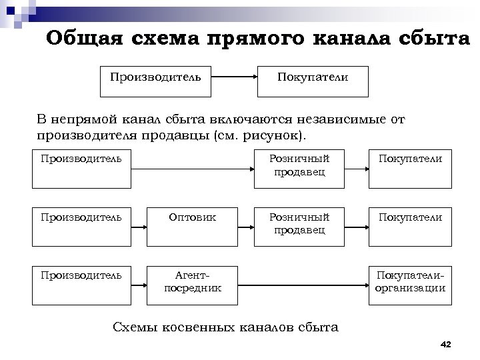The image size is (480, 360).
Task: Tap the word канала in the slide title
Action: click(x=363, y=38)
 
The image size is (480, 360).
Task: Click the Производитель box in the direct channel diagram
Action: click(x=155, y=78)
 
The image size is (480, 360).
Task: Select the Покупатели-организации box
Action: click(x=411, y=281)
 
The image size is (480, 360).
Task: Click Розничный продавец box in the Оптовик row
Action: click(x=299, y=225)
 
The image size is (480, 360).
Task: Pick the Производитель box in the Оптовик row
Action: click(x=82, y=225)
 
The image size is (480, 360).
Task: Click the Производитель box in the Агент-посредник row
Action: click(x=82, y=281)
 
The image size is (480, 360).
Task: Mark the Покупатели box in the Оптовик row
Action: click(x=411, y=225)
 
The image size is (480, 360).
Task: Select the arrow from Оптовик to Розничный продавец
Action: click(x=245, y=229)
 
